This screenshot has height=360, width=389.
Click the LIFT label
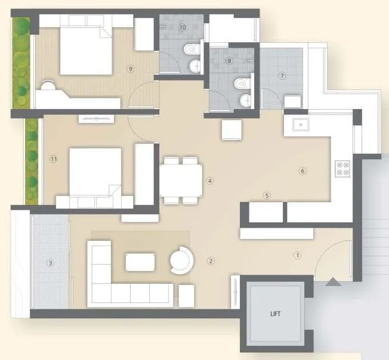pos(276,314)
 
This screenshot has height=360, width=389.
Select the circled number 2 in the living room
pos(210,261)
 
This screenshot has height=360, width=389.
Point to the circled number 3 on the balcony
pos(51,263)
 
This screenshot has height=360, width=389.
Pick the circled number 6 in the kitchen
pos(302,172)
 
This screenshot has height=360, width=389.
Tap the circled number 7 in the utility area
pos(283,76)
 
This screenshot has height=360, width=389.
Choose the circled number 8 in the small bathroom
pos(229,60)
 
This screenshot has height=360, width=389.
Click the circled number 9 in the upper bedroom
pos(130,69)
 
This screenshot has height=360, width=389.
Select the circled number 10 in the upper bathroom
pos(182,27)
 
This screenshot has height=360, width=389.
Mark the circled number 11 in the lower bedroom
pos(54,159)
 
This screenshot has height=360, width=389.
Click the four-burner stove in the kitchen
pos(342,168)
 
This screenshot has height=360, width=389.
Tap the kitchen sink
pos(300,125)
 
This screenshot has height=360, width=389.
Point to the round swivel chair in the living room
pos(180,260)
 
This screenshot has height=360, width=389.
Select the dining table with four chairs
pos(181,180)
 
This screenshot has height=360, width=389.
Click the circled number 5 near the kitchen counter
pos(267,195)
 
